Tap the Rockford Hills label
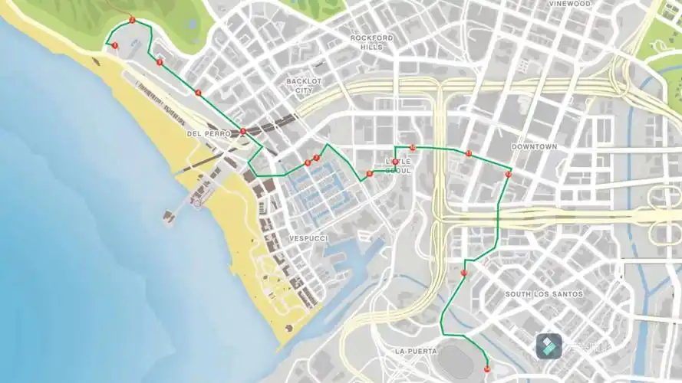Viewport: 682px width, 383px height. [x=371, y=42]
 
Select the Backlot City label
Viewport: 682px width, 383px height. [x=304, y=85]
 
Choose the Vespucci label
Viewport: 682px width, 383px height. [x=308, y=239]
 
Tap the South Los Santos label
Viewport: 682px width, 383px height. [x=543, y=294]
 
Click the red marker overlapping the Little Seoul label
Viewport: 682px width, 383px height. [x=396, y=162]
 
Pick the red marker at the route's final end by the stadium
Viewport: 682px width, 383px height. [x=487, y=370]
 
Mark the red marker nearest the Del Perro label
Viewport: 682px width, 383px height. [x=242, y=132]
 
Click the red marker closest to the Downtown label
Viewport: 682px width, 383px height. [x=508, y=175]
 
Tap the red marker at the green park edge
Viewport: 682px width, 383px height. [x=132, y=20]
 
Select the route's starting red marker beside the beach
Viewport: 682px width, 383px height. [x=115, y=46]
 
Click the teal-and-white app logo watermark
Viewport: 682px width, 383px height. [x=549, y=346]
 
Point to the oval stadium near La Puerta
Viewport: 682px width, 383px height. [x=459, y=361]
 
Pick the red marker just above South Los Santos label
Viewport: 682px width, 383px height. [x=464, y=272]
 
